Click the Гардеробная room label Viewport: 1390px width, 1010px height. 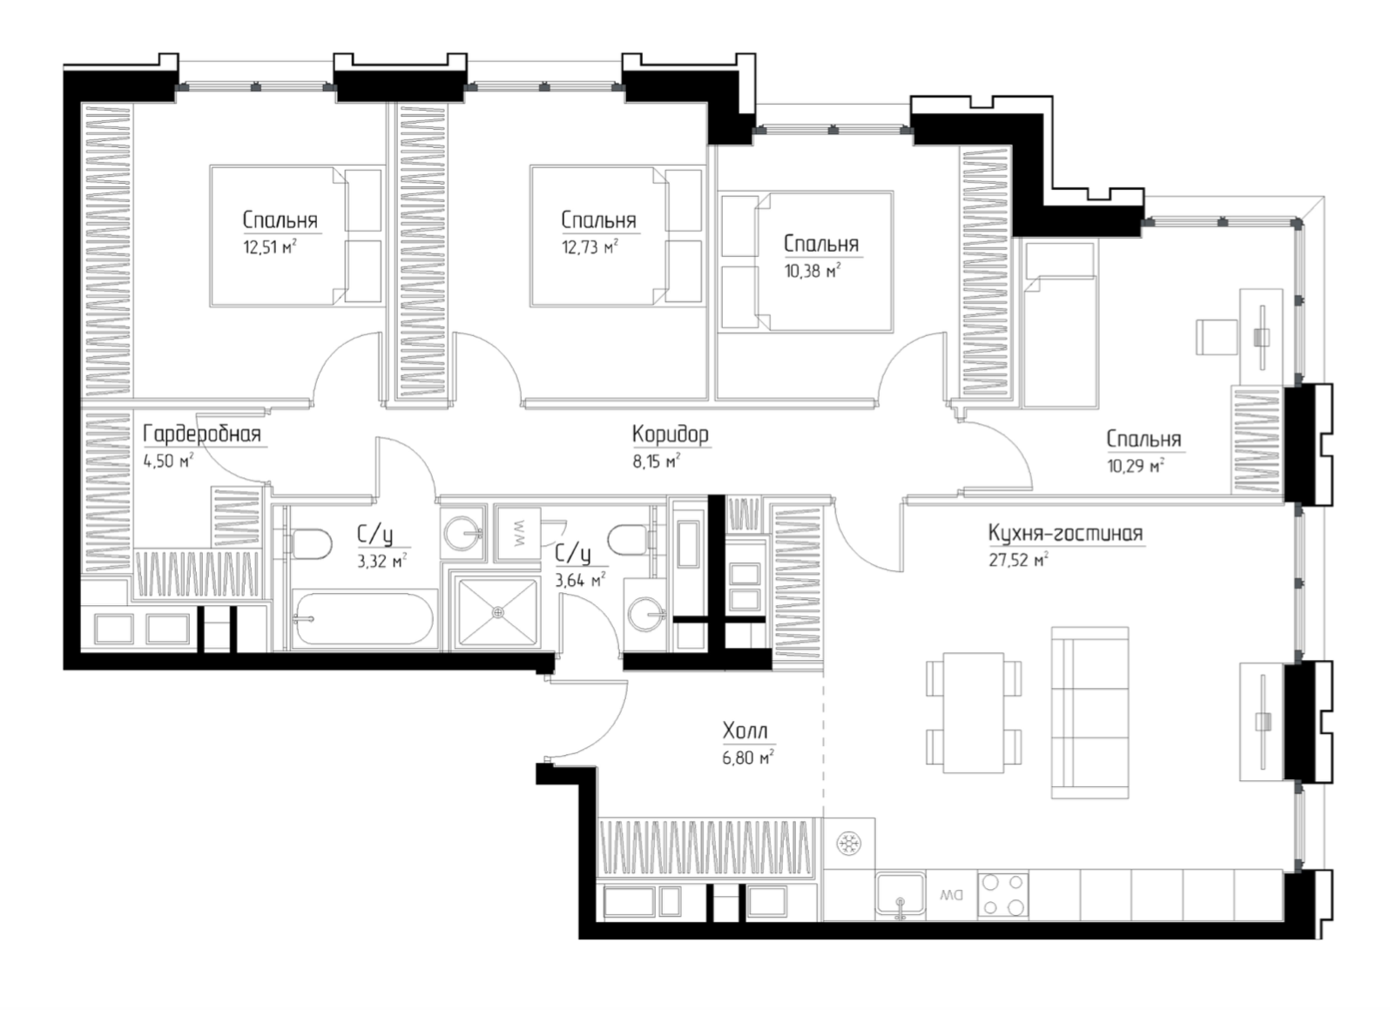tap(202, 434)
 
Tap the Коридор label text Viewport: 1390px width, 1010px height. tap(671, 434)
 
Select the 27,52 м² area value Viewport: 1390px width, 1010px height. tap(1018, 560)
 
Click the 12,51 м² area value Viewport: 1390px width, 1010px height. tap(269, 247)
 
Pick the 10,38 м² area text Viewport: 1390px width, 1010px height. tap(813, 271)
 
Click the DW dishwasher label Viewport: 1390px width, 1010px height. tap(950, 896)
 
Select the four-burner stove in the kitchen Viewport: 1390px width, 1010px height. tap(1002, 895)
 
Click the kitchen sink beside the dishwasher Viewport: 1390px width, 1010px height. tap(901, 894)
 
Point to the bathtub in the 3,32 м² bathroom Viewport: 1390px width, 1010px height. tap(364, 618)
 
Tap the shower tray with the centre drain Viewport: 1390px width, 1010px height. tap(497, 612)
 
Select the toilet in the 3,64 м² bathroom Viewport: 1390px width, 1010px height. tap(631, 540)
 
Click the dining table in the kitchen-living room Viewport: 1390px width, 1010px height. tap(973, 713)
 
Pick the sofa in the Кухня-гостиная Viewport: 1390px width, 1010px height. tap(1090, 712)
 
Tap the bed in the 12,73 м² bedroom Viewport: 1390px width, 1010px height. tap(616, 236)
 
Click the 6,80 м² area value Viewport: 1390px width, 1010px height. tap(748, 757)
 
